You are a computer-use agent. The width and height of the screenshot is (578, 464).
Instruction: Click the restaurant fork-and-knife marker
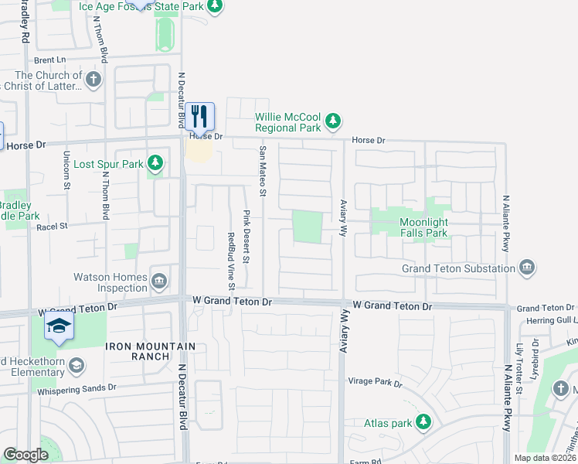coord(199,117)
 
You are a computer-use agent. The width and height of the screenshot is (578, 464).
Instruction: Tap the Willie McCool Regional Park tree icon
coord(333,121)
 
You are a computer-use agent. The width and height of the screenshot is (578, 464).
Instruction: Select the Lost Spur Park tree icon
coord(156,163)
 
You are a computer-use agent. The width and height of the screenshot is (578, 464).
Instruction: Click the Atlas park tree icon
coord(423,422)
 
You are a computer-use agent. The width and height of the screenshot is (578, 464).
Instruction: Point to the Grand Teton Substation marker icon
coord(528,268)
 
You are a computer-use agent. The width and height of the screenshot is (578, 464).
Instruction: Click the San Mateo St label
coord(263,170)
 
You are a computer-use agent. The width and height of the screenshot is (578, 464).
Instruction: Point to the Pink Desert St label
coord(246,236)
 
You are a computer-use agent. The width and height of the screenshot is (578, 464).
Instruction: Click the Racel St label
coord(53,227)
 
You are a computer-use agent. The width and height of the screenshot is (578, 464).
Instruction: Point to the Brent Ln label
coord(50,60)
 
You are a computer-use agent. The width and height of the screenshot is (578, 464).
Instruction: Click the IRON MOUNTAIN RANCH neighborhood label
coord(138,351)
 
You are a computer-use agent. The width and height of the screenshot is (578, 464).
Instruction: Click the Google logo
coord(25,455)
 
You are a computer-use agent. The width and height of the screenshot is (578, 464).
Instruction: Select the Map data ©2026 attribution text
coord(545,458)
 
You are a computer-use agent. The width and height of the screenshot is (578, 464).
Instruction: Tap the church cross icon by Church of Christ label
coord(93,80)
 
